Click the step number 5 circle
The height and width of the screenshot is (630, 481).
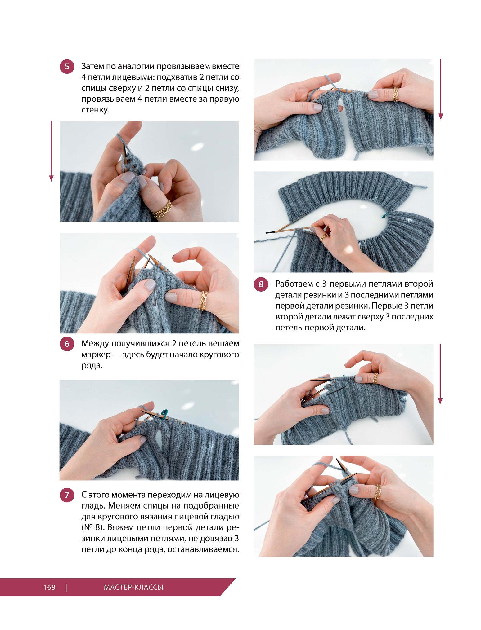tap(67, 67)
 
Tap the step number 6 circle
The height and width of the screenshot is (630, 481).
tap(67, 344)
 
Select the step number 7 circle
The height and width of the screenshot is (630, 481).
tap(67, 495)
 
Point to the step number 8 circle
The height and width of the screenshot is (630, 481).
tap(261, 284)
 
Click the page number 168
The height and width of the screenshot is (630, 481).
tap(49, 587)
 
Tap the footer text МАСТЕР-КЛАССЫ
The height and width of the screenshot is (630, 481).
tap(133, 587)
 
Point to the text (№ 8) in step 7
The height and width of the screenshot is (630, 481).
tap(92, 527)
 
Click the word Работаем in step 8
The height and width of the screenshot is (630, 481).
tap(293, 284)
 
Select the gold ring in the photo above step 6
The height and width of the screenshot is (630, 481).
tap(203, 300)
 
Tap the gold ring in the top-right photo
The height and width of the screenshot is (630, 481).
tap(396, 95)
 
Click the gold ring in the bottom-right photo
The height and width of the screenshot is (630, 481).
tap(377, 492)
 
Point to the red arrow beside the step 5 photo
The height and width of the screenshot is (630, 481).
tap(51, 151)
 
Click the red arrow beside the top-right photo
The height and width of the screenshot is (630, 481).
tap(441, 90)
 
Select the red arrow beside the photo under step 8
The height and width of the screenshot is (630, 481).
tap(440, 374)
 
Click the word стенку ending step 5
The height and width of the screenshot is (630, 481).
tap(95, 110)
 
